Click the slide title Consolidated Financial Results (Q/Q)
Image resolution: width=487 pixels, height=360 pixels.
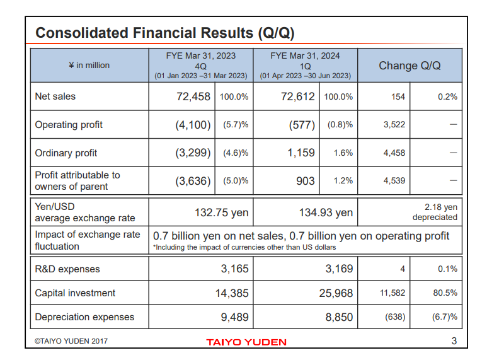click(165, 33)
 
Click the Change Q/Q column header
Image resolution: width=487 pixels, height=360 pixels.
click(410, 66)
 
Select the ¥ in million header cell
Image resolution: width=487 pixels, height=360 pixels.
click(89, 66)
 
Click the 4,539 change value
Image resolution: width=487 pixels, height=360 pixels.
click(394, 181)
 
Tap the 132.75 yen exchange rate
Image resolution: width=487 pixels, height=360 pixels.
click(221, 212)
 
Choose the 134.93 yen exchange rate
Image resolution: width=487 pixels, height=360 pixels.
click(326, 212)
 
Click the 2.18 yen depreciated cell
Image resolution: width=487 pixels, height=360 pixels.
click(435, 212)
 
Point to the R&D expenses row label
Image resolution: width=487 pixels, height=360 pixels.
click(67, 269)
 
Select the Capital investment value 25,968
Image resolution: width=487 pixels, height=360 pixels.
click(335, 293)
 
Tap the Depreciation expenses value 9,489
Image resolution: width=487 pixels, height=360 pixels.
click(232, 317)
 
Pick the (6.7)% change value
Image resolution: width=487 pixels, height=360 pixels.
click(444, 317)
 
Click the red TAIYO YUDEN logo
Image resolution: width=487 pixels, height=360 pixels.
click(246, 342)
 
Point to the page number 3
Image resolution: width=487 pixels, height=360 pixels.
click(454, 342)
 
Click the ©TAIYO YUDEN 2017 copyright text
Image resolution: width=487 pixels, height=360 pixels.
click(71, 341)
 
